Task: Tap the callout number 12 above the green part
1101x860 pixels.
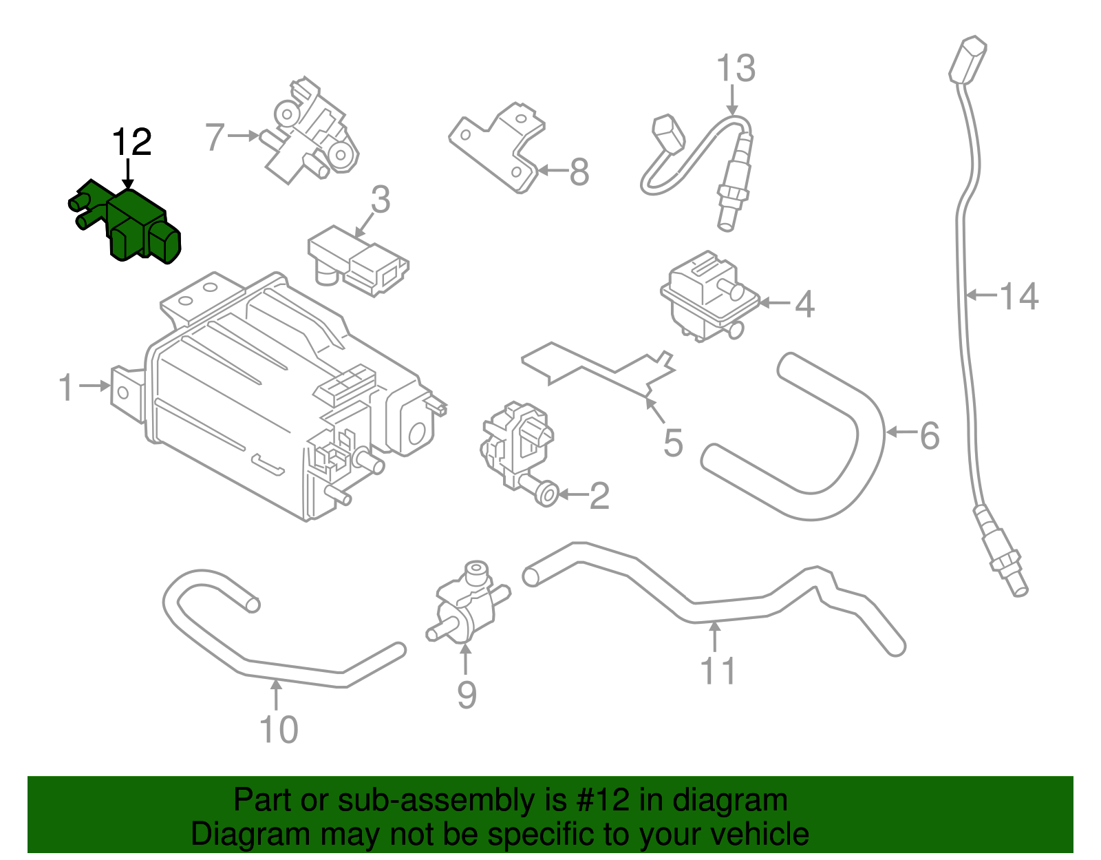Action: pos(131,143)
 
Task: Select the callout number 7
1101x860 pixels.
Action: pos(215,137)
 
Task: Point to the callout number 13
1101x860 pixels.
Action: pos(736,69)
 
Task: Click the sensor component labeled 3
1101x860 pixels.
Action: pos(358,262)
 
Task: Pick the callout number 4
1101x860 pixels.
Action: pos(804,304)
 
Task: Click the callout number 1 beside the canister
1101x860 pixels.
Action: pos(66,387)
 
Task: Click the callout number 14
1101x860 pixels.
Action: pos(1019,296)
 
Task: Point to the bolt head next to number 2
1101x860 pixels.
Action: pos(547,494)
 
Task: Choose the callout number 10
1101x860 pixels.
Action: pos(279,729)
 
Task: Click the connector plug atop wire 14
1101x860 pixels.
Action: pos(968,61)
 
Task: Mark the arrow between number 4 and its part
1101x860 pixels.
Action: pos(775,302)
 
